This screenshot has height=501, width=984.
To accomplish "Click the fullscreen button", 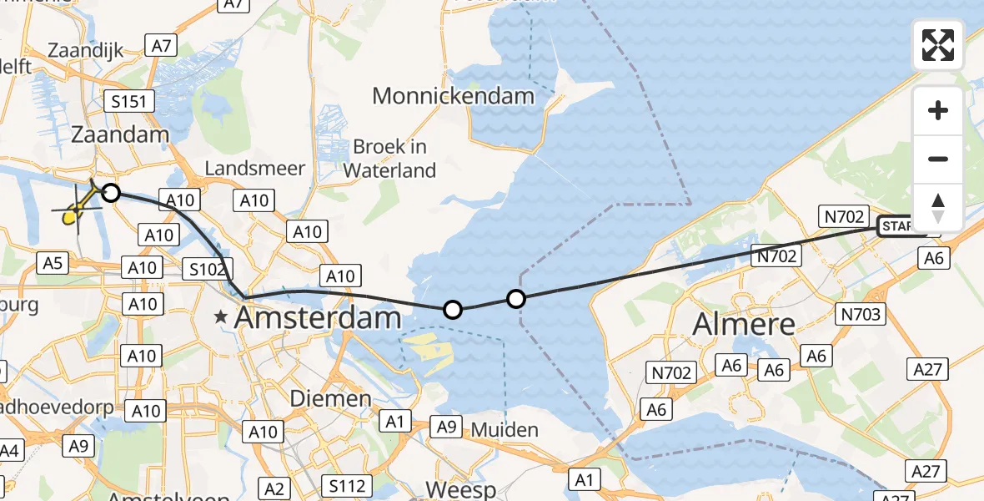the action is [x=938, y=45].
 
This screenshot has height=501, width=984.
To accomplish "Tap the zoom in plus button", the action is [x=938, y=110].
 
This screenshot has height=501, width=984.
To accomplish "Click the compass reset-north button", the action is [x=938, y=206].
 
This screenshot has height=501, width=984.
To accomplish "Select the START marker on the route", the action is [x=896, y=226].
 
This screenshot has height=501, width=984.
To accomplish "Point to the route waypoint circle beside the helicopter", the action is [x=110, y=194].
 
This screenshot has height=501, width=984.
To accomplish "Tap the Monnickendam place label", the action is [x=453, y=96].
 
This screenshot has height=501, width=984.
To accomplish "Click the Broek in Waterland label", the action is [x=389, y=159].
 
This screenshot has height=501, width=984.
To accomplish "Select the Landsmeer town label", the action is [x=254, y=169].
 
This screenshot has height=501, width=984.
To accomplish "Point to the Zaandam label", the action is [x=120, y=134].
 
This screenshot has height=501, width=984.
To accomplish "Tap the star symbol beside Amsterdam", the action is [x=221, y=317].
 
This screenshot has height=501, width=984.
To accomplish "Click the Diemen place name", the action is [x=330, y=399].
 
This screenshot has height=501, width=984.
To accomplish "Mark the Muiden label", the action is [x=505, y=430].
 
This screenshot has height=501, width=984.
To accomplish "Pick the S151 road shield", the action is [x=129, y=103].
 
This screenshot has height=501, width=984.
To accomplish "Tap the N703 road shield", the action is [x=861, y=314].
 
